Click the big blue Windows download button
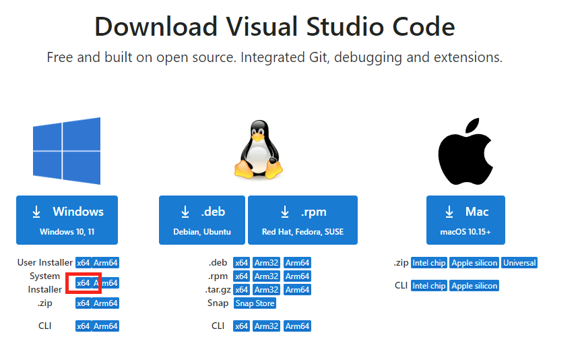click(x=67, y=220)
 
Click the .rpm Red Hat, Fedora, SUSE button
click(x=302, y=220)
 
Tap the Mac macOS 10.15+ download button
click(x=465, y=220)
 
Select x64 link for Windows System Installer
click(x=84, y=283)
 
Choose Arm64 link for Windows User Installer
click(x=105, y=263)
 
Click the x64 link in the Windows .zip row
click(x=84, y=303)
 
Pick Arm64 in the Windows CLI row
click(x=105, y=326)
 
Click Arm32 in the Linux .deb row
click(x=266, y=263)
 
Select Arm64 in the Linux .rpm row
click(x=297, y=276)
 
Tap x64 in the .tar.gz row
click(x=241, y=290)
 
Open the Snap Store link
click(x=255, y=303)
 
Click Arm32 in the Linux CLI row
click(x=266, y=326)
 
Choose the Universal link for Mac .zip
click(x=519, y=263)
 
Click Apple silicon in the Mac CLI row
click(x=474, y=286)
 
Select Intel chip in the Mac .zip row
click(x=429, y=263)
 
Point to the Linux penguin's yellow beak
click(x=258, y=136)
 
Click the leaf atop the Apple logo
click(x=473, y=125)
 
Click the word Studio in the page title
click(x=345, y=27)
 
